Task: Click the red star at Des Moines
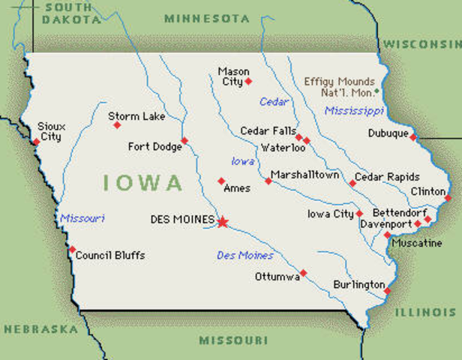click(x=222, y=221)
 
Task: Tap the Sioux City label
click(x=50, y=132)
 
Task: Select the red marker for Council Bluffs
click(x=72, y=250)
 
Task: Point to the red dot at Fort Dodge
click(x=184, y=140)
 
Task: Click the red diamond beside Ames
click(x=220, y=181)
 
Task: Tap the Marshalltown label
click(x=305, y=175)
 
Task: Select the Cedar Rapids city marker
click(x=352, y=183)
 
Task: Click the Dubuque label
click(x=388, y=133)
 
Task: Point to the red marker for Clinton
click(x=448, y=198)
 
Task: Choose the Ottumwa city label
click(x=277, y=276)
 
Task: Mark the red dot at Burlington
click(x=388, y=289)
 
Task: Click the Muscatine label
click(x=415, y=244)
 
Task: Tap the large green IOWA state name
click(x=142, y=182)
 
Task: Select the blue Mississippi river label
click(x=354, y=111)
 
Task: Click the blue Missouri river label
click(x=82, y=218)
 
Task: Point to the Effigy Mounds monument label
click(x=339, y=86)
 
